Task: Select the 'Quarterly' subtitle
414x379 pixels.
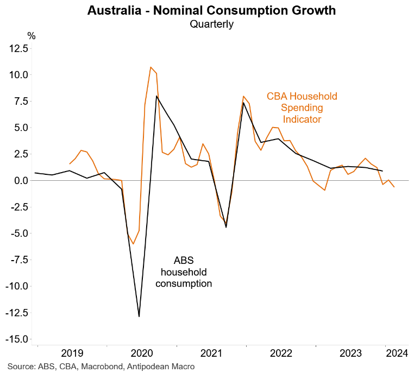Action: [211, 23]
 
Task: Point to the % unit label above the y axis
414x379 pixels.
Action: [32, 36]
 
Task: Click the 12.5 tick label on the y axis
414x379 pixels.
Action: [18, 48]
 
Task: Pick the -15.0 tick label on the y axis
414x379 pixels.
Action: [16, 339]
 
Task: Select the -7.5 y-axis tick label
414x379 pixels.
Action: [18, 260]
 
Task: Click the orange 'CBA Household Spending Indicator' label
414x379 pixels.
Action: [302, 108]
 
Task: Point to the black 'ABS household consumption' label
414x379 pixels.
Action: [184, 272]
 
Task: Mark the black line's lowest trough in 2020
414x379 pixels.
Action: [139, 316]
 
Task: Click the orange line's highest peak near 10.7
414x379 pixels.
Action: [150, 67]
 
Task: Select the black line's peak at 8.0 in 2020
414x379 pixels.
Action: [156, 96]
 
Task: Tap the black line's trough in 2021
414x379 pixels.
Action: [226, 227]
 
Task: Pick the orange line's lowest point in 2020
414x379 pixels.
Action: [133, 244]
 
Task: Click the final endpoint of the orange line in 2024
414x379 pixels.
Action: [394, 187]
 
